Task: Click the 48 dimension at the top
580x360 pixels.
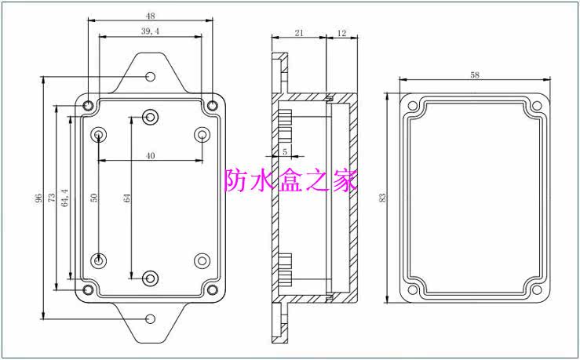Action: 151,15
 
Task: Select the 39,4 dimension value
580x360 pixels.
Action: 151,30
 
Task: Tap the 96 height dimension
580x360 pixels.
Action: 38,198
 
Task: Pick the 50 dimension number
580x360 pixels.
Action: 94,198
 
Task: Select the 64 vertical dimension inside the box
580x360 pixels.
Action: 127,198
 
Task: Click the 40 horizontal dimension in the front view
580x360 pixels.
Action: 150,155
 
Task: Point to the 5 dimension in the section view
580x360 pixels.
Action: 284,151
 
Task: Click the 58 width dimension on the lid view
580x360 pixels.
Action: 474,75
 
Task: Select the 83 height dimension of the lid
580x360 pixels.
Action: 382,198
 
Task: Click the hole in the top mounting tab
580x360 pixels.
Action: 151,77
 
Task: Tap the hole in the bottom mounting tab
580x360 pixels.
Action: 151,319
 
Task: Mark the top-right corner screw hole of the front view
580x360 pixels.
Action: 212,104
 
